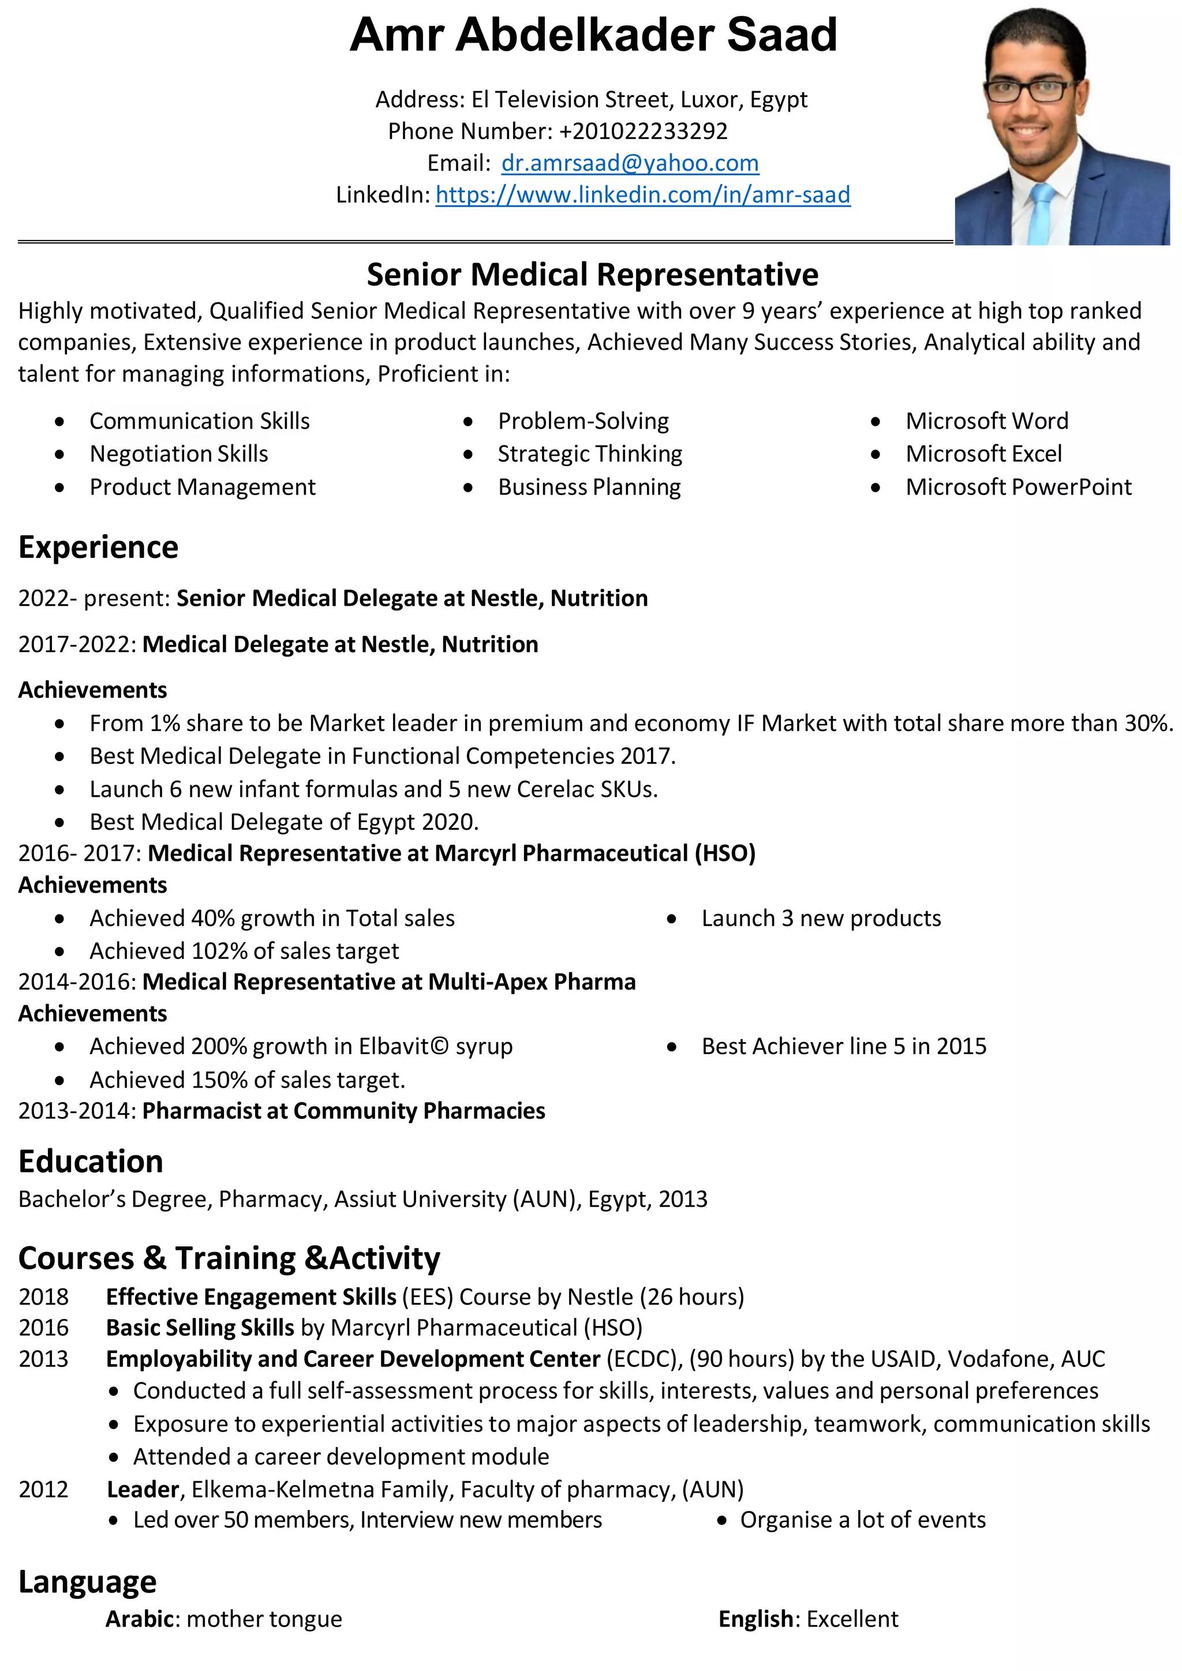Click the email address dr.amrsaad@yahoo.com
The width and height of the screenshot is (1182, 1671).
tap(630, 163)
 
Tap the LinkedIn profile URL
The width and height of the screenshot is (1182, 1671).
tap(643, 195)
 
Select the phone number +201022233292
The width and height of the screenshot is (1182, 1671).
tap(644, 131)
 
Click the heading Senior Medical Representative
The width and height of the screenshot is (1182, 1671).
tap(593, 275)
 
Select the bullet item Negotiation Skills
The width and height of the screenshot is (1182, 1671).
tap(178, 454)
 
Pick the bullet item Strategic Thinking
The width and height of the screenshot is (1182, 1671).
tap(589, 454)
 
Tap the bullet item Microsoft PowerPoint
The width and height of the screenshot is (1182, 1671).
tap(1018, 487)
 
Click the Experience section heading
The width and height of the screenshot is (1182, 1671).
tap(98, 548)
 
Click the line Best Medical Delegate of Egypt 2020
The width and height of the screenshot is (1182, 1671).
tap(284, 822)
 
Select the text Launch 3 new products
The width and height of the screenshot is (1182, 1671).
tap(821, 919)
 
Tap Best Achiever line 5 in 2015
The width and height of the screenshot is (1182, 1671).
tap(844, 1047)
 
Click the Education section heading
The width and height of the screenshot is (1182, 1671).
tap(91, 1162)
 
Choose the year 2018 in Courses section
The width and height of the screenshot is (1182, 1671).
tap(44, 1297)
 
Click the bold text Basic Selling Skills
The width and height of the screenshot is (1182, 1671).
tap(200, 1328)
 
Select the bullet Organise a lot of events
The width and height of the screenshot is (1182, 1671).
tap(862, 1520)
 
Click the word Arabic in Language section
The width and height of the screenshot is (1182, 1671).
tap(140, 1619)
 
